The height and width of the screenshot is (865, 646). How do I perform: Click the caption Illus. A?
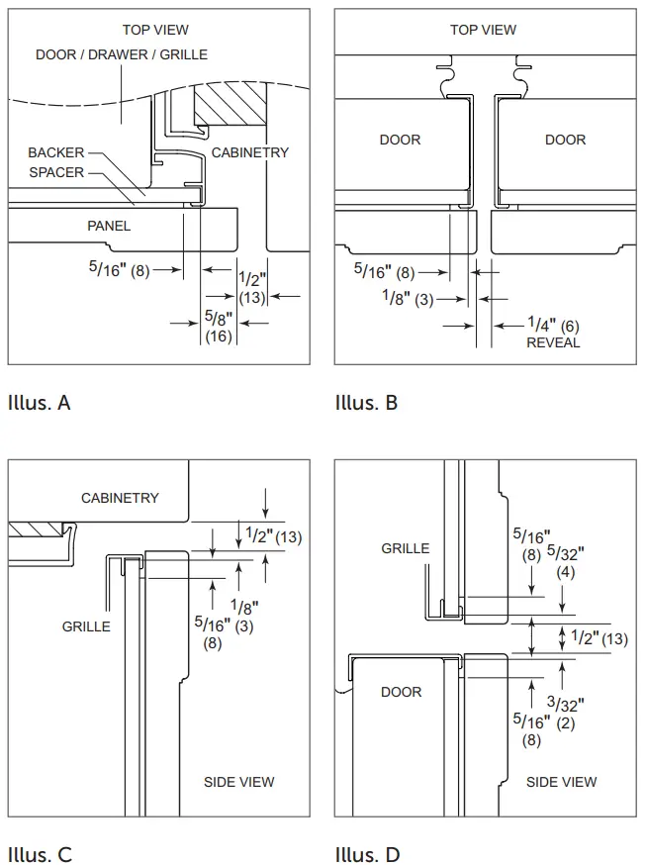pos(39,403)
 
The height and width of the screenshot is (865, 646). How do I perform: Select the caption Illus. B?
pos(366,403)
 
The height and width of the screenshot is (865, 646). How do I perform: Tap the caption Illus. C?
pos(40,854)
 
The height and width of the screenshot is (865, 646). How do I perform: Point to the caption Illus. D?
pos(367,854)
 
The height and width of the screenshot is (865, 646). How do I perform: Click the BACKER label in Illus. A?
pos(56,153)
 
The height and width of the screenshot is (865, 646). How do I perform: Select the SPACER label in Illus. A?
pos(56,172)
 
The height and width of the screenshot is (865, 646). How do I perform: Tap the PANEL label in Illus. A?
pos(109,226)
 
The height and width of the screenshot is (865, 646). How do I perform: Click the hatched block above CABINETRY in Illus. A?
pos(231,104)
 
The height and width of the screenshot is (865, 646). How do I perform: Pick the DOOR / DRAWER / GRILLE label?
pos(122,54)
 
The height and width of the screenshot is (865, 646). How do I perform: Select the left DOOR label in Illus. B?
pos(401,140)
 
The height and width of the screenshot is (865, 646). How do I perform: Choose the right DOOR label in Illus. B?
pos(565,140)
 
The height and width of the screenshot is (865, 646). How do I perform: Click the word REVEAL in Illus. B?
pos(553,342)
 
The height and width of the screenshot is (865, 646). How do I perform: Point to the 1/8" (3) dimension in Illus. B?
pos(409,297)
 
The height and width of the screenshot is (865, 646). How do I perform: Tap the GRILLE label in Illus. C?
pos(86,626)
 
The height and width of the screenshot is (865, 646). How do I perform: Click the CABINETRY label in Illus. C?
pos(120,498)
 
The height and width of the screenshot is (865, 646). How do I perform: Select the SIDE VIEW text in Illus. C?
pos(239,782)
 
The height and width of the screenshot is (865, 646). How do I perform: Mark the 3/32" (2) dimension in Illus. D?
pos(567,713)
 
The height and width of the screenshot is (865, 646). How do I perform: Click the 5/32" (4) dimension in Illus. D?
pos(566,561)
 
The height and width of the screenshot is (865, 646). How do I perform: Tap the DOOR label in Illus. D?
pos(402,692)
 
